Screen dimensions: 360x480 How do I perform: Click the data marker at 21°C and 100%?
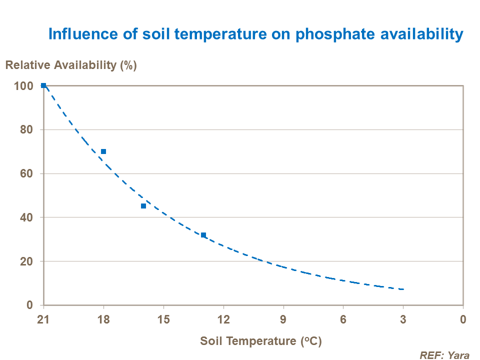tap(43, 85)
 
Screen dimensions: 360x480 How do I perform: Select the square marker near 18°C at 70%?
tap(103, 151)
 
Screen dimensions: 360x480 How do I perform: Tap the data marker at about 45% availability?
tap(143, 206)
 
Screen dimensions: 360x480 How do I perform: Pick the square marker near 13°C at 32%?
tap(203, 235)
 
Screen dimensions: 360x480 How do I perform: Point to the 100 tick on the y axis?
tap(24, 86)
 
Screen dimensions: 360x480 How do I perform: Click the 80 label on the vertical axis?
tap(27, 130)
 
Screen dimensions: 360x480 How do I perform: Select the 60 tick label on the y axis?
tap(27, 174)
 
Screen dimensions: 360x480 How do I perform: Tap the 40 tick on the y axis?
tap(27, 217)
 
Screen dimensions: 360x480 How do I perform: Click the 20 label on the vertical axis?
tap(27, 261)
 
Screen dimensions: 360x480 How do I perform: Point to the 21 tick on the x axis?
tap(43, 319)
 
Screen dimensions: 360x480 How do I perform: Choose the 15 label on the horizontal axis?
tap(163, 319)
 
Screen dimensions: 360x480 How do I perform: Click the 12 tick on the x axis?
tap(223, 319)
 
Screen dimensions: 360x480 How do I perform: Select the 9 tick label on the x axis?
tap(283, 319)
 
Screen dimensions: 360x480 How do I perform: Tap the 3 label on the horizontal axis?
tap(403, 319)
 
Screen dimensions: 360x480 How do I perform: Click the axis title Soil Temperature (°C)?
tap(260, 341)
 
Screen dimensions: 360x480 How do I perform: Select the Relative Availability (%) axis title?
tap(71, 65)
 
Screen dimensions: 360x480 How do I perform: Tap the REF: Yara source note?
tap(444, 354)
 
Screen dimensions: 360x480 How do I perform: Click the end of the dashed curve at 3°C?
tap(403, 289)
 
